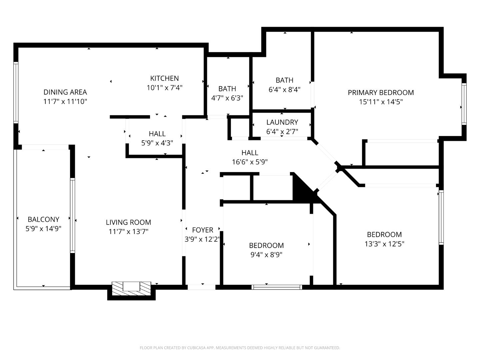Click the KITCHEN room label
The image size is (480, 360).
(x=164, y=78)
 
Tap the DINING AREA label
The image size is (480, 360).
(x=65, y=92)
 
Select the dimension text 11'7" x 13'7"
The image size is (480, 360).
(x=128, y=231)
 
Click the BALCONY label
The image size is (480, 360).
(x=43, y=219)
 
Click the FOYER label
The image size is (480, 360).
(x=202, y=230)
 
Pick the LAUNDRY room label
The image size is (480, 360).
(x=282, y=122)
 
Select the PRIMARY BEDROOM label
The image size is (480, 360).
(x=381, y=93)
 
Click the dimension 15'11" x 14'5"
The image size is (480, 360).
(x=381, y=102)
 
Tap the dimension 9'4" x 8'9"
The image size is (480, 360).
(x=266, y=255)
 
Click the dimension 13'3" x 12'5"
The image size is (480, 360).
(x=384, y=244)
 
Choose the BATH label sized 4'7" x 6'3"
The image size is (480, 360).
(x=227, y=89)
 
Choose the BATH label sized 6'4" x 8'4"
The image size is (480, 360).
(x=284, y=80)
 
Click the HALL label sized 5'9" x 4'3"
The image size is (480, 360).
(x=157, y=134)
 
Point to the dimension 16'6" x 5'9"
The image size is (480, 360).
(x=250, y=162)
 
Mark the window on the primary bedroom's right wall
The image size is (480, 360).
(x=464, y=104)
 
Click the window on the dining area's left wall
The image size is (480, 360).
(x=16, y=92)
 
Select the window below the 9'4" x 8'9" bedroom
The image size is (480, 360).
(x=277, y=287)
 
